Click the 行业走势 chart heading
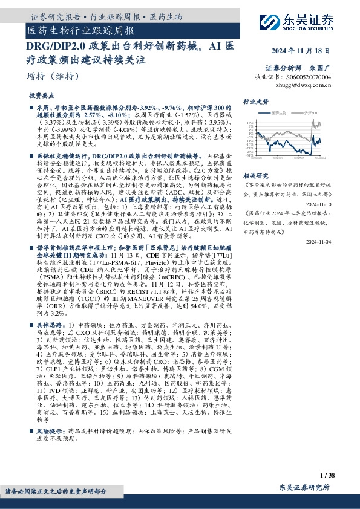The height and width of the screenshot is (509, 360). [x=256, y=102]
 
